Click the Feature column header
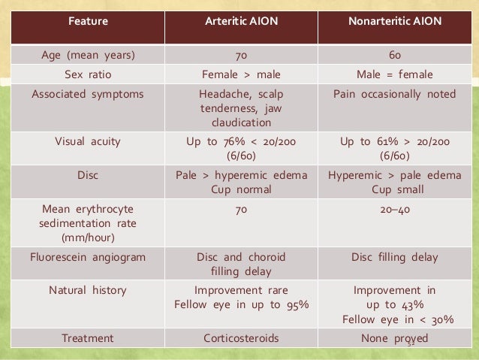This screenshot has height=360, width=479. pos(88,21)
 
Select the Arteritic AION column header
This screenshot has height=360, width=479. pos(241,21)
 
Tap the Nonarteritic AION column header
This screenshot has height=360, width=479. pos(394,21)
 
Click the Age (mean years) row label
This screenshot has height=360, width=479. pos(88,56)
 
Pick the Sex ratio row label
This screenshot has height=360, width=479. pos(88,75)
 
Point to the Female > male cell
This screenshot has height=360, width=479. pos(241,75)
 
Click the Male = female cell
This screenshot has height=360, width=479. pos(394,75)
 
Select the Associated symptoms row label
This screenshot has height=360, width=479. pos(88,95)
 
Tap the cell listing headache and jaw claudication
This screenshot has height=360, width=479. pos(241,109)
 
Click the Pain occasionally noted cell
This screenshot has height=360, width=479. pos(394,95)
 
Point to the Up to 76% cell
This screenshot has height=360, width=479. pos(241,147)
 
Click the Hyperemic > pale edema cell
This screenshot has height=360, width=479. pos(394,183)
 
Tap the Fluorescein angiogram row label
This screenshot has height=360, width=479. pos(88,257)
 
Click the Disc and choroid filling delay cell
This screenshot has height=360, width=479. pos(241,265)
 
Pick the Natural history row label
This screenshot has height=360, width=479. pos(88,289)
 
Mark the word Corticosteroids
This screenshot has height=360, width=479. pos(241,338)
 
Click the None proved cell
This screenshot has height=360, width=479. pos(394,338)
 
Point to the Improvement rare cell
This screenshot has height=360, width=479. pos(241,289)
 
